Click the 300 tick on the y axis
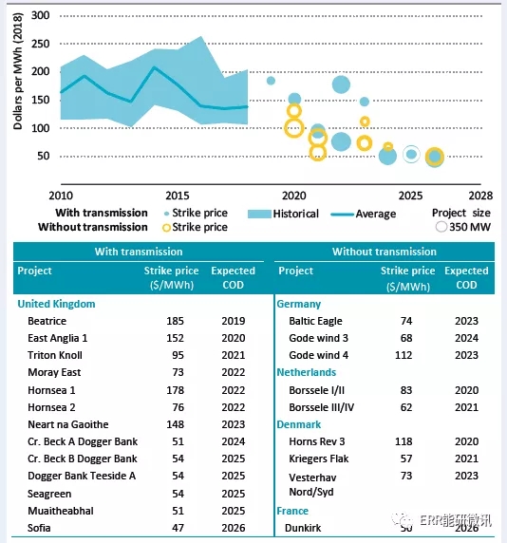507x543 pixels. [40, 15]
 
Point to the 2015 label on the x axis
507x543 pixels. [178, 196]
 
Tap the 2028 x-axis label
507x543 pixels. [480, 196]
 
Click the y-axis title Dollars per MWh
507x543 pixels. [18, 71]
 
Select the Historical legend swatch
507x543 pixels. [259, 214]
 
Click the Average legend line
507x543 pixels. [342, 215]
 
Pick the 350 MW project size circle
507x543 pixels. [441, 227]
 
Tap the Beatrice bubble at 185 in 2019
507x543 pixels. [271, 81]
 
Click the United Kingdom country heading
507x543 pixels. [56, 304]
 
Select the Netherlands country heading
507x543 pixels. [307, 372]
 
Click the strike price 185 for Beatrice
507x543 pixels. [176, 321]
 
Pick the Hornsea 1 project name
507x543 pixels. [51, 390]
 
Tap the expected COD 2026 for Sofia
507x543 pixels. [234, 528]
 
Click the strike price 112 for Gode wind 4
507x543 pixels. [404, 355]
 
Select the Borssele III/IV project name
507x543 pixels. [322, 407]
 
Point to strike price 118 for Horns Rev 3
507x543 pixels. [404, 441]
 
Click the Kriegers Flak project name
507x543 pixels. [319, 459]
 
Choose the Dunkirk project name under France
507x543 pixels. [303, 528]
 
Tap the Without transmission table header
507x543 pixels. [385, 252]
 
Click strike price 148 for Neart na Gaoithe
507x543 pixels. [176, 424]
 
